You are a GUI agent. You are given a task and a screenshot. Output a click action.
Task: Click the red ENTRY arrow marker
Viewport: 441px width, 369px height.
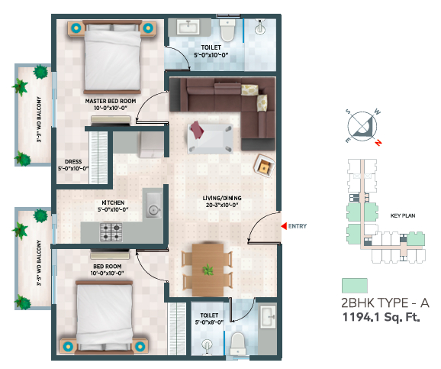[284, 226]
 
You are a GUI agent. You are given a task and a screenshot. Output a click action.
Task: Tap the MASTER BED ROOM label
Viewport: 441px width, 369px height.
[111, 101]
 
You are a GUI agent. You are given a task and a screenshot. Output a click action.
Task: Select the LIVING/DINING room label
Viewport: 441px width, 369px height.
[222, 199]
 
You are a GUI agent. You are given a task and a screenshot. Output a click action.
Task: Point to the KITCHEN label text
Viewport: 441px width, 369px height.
[113, 202]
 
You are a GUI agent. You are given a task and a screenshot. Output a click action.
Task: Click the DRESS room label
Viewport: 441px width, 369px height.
[73, 162]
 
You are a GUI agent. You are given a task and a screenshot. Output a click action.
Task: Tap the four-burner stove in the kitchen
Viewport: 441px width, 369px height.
[111, 231]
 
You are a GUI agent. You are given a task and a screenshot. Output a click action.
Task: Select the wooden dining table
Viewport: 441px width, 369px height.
[208, 270]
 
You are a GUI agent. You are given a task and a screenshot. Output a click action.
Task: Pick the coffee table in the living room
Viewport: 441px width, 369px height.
[211, 138]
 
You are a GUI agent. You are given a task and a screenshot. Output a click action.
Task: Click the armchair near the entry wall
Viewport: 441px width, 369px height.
[265, 166]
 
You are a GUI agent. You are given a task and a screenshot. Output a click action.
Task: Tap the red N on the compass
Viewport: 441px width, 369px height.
[378, 143]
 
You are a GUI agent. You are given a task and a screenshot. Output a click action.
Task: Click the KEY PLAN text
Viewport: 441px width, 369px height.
[403, 215]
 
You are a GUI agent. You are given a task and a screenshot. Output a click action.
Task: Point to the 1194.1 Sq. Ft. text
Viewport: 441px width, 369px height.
[381, 317]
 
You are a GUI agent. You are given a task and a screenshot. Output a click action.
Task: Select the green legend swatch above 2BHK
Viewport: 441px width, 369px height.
[354, 286]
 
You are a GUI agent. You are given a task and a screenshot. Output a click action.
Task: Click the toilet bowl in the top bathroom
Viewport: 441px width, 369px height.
[227, 30]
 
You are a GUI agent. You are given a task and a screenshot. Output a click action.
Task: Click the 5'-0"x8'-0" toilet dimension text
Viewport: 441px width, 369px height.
[209, 322]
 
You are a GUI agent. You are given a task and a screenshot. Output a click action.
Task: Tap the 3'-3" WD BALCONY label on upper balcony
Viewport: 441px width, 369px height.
[39, 119]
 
